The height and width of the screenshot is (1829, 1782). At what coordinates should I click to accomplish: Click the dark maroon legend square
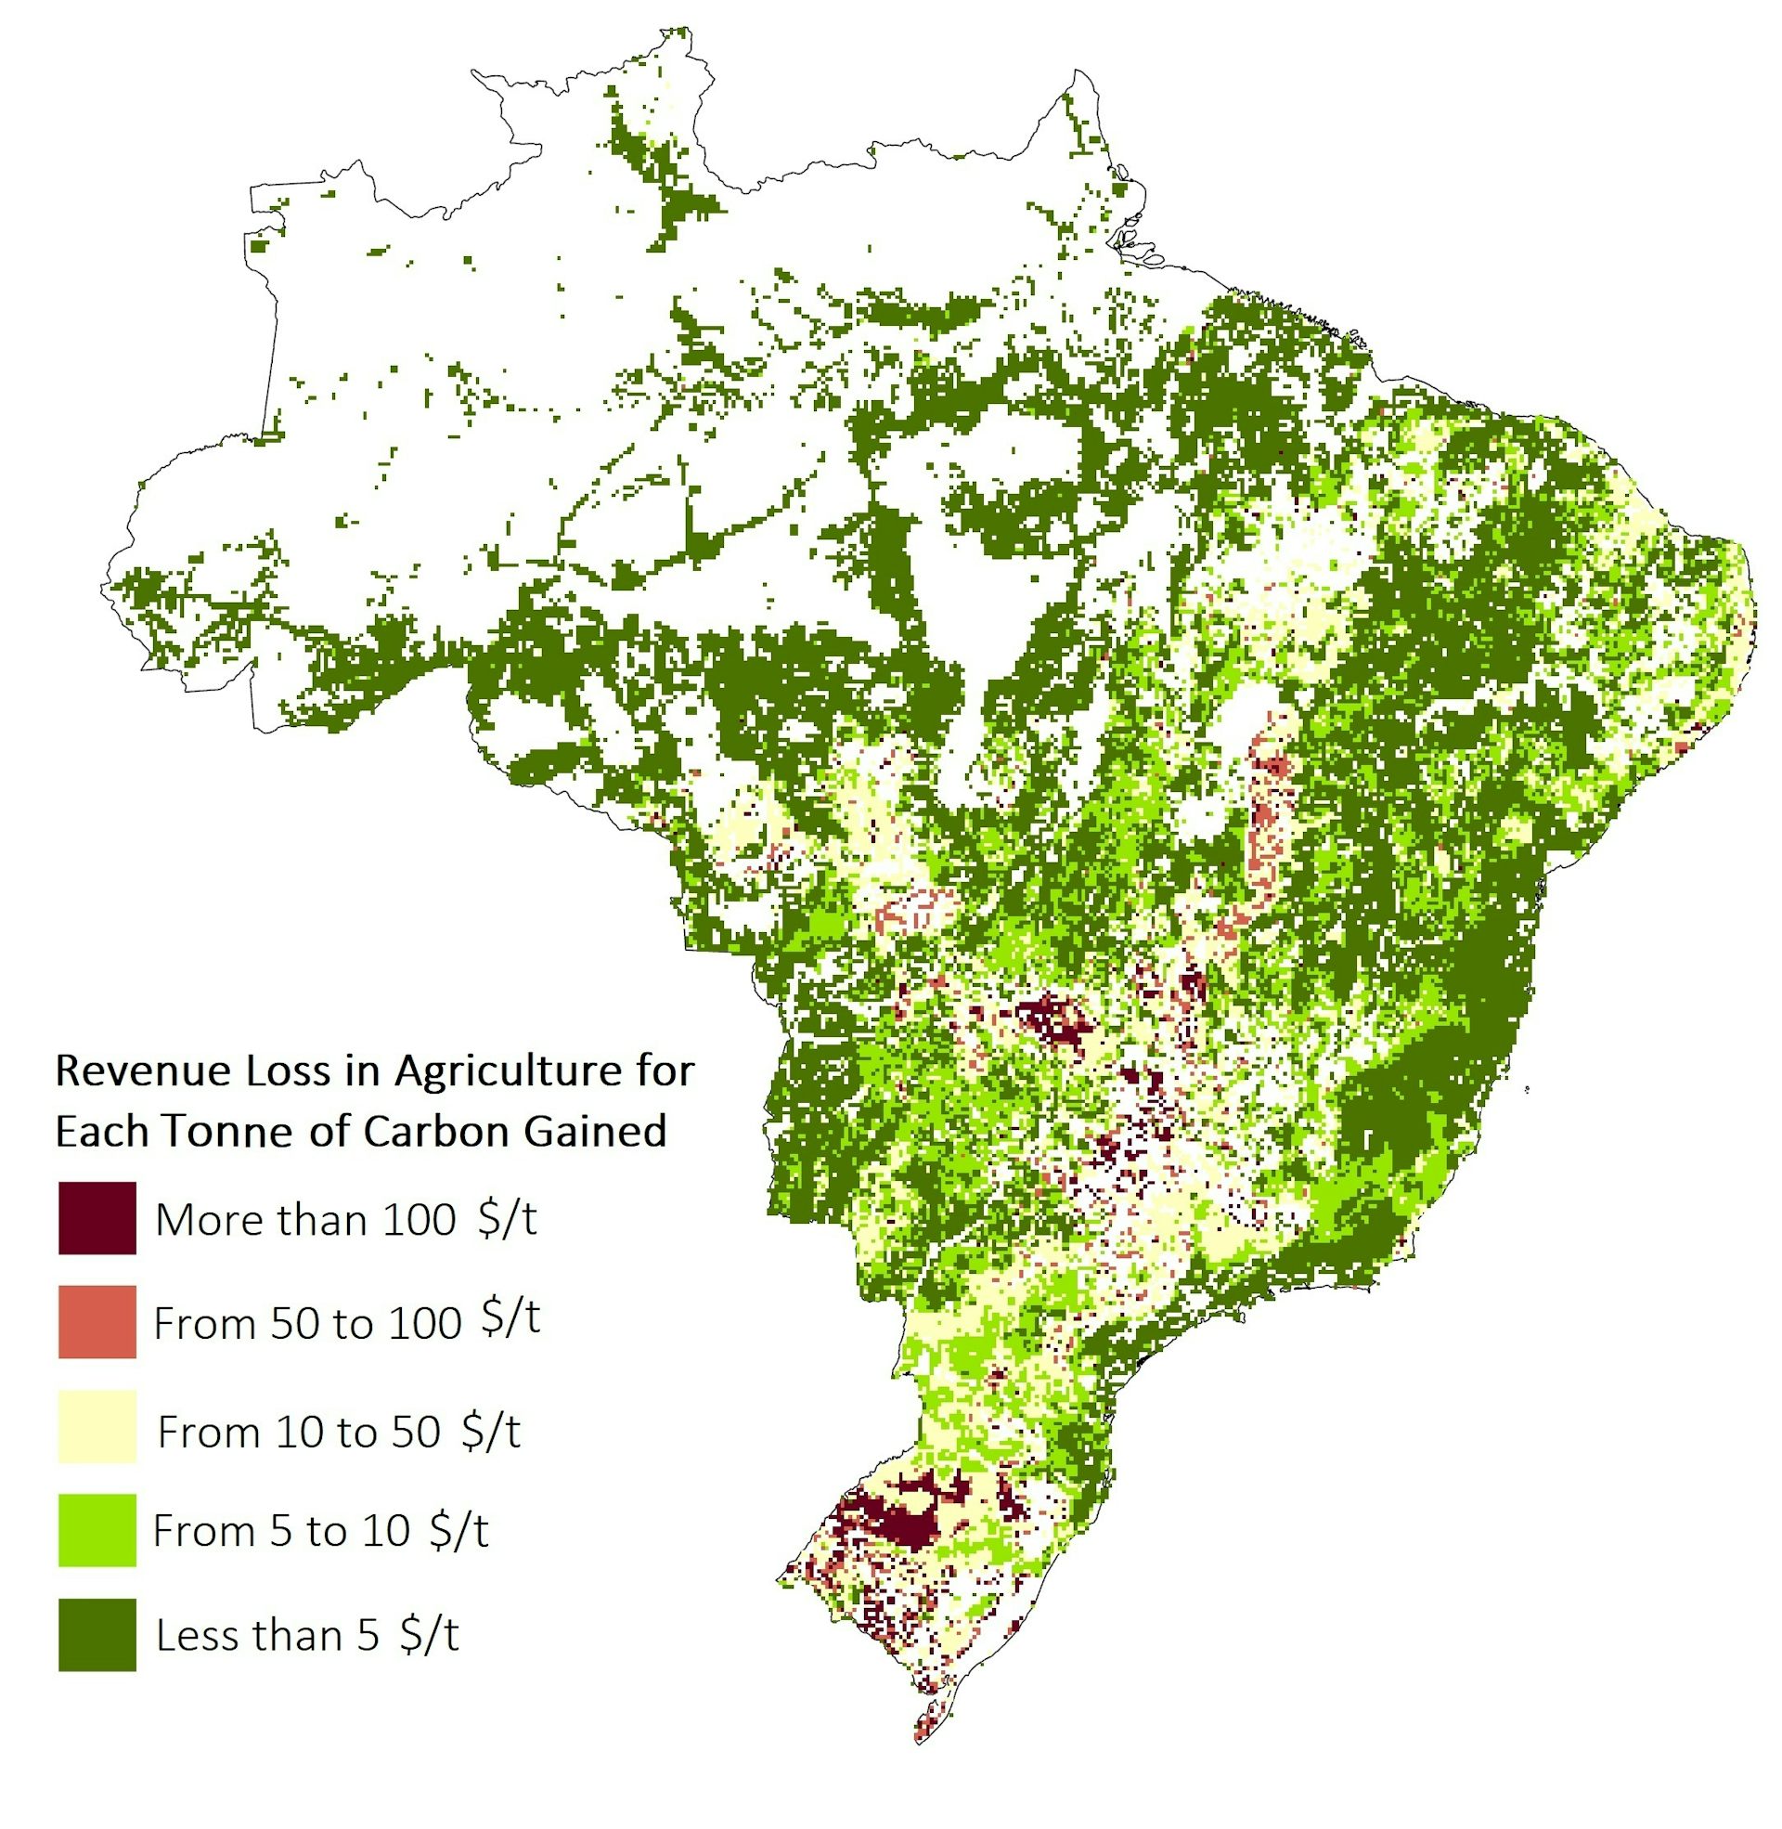(97, 1218)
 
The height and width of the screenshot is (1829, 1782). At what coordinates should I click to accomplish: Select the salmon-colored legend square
(97, 1322)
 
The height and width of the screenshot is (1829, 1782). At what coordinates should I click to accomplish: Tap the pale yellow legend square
(97, 1426)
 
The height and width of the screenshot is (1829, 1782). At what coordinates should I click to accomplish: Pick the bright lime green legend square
(97, 1530)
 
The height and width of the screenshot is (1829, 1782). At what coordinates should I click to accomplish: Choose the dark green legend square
(97, 1635)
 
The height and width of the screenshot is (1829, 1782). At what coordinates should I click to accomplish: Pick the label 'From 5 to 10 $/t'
(320, 1531)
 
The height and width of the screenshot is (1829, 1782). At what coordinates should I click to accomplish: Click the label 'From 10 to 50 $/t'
(339, 1433)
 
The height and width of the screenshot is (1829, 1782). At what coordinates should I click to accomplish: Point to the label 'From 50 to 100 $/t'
(346, 1323)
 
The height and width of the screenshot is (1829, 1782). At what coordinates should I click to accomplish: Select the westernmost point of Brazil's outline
(101, 588)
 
